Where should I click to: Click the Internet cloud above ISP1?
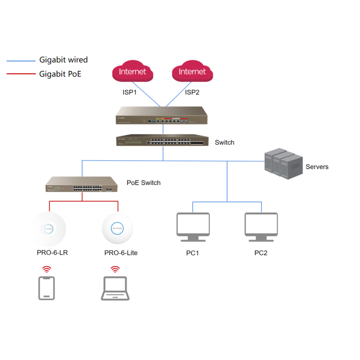(x=133, y=72)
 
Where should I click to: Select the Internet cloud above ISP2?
(x=192, y=72)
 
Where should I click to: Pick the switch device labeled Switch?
(x=162, y=141)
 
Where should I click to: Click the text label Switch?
(x=225, y=142)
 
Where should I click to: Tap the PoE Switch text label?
(x=144, y=183)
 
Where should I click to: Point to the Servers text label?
(x=317, y=167)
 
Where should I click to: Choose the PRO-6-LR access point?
(x=49, y=229)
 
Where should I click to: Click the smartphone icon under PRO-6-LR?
(x=46, y=288)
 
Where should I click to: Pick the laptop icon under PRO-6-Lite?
(x=115, y=289)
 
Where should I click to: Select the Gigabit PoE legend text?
(x=60, y=74)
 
